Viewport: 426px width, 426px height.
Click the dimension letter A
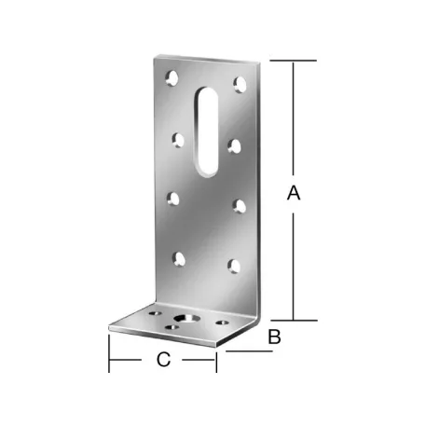pos(294,193)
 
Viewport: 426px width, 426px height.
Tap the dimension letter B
pos(273,337)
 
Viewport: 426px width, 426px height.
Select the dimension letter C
pos(163,361)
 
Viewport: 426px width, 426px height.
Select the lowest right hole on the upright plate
pos(234,267)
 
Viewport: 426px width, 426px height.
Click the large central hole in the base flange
pos(190,318)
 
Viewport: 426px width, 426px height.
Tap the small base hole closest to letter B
pos(222,323)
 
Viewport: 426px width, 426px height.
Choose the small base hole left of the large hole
pos(153,314)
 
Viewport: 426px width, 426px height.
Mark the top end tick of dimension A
pos(294,62)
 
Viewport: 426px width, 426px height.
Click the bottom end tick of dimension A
pos(294,320)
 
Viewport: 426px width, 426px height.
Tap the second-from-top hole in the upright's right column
pos(236,144)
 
